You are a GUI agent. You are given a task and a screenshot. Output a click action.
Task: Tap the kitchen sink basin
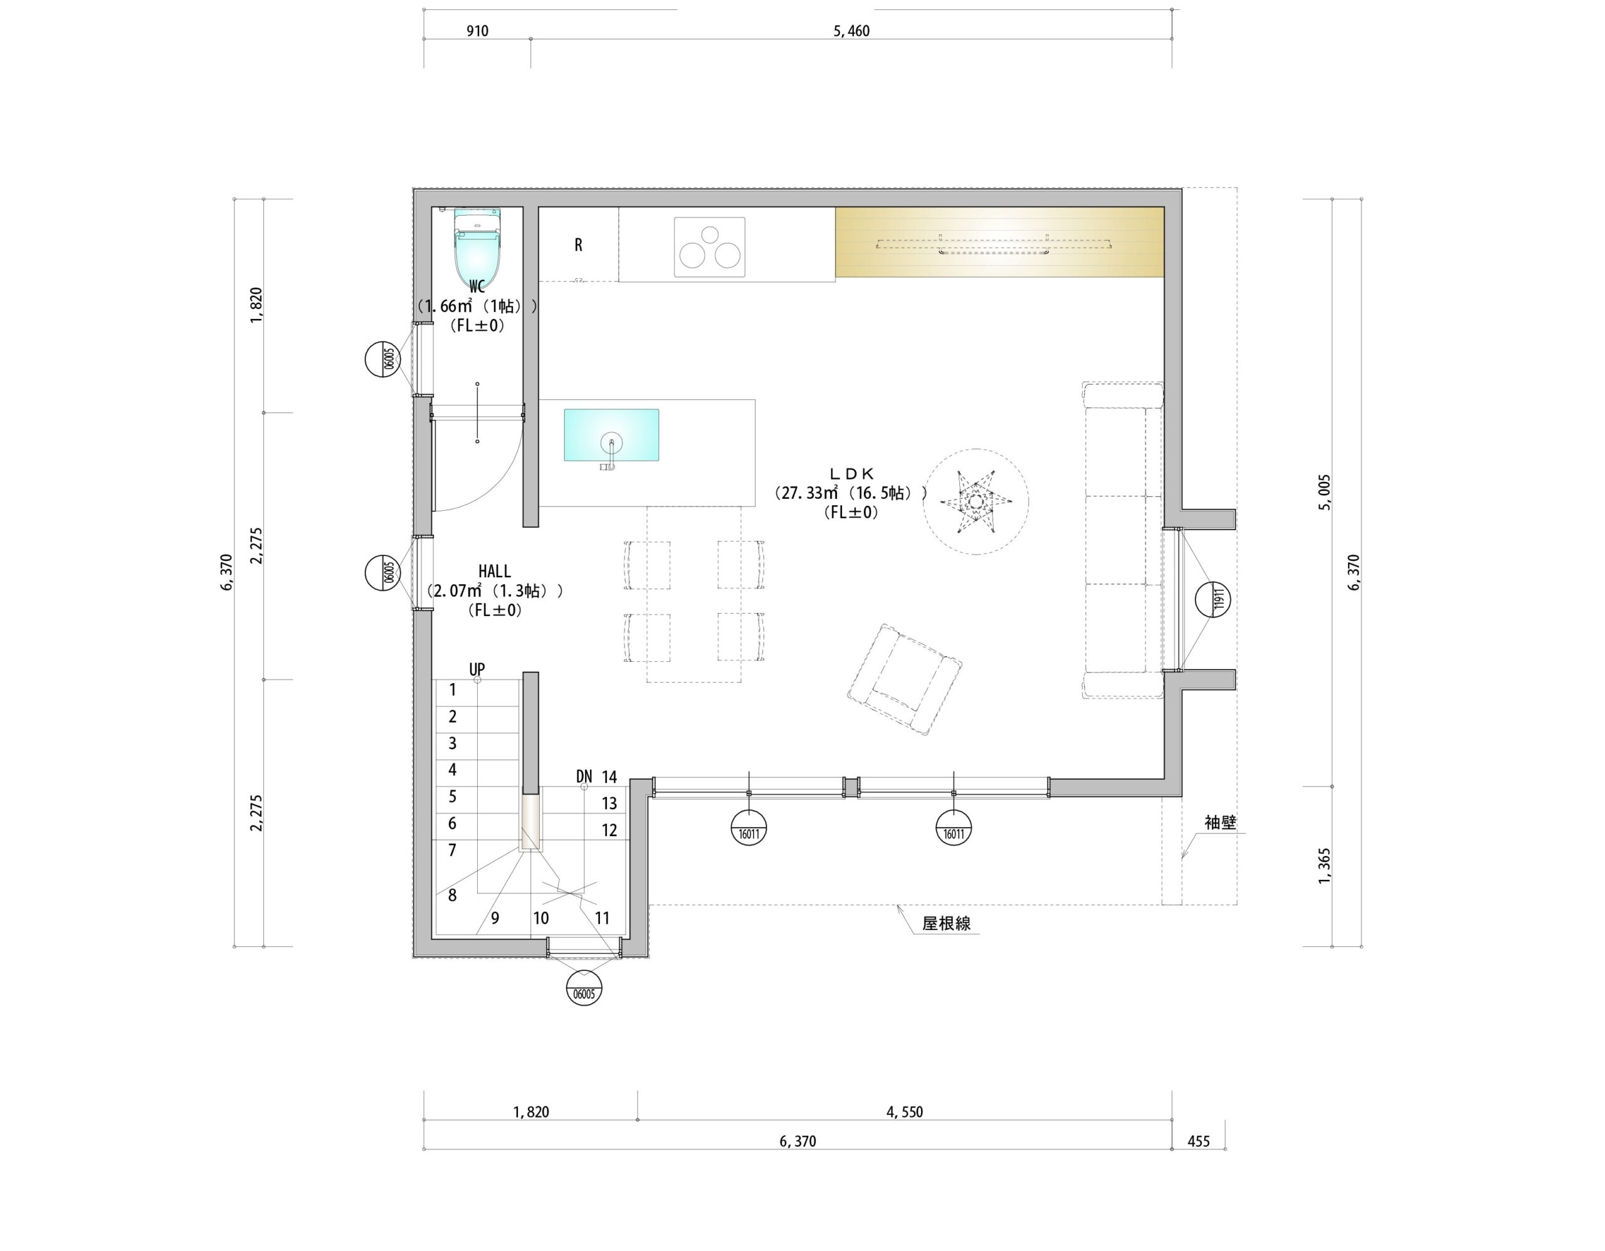[611, 435]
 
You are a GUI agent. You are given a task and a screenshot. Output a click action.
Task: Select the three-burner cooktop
[709, 247]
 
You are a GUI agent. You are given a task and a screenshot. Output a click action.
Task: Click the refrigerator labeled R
[578, 244]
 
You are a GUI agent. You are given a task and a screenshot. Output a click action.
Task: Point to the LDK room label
[851, 474]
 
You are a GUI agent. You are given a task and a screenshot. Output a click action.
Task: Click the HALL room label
[495, 571]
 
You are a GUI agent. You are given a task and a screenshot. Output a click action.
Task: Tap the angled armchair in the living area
[905, 679]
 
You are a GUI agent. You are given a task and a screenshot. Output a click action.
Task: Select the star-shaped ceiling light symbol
[976, 503]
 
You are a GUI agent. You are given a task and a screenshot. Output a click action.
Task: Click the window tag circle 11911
[1213, 599]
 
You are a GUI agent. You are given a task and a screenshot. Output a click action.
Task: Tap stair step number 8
[453, 895]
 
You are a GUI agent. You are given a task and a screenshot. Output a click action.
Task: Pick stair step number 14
[609, 777]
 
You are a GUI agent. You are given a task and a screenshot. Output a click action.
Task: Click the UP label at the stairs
[477, 669]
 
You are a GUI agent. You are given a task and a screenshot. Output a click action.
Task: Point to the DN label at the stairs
[584, 777]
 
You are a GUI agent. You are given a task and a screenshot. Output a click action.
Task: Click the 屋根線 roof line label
[947, 923]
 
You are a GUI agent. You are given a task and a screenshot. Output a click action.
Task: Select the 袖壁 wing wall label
[1220, 823]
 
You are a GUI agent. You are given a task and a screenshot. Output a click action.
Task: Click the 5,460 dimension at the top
[852, 31]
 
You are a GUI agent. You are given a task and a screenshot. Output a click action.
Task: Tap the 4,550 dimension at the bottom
[905, 1111]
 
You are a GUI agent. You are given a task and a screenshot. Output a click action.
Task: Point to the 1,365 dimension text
[1324, 866]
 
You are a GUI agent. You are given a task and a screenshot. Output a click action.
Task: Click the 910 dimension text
[478, 31]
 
